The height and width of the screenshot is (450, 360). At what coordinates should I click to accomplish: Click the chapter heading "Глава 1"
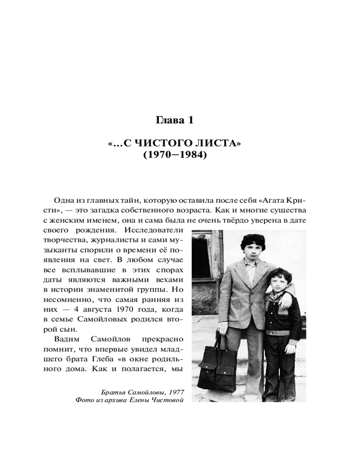click(x=175, y=120)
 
